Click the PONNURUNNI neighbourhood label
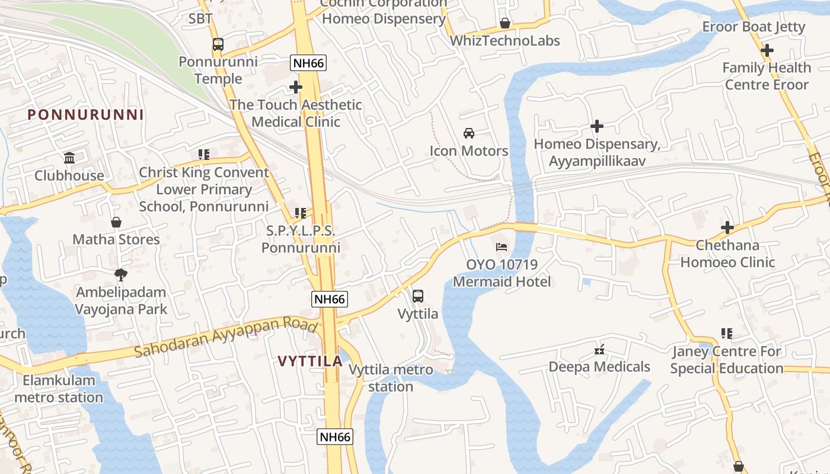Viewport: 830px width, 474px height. [x=86, y=115]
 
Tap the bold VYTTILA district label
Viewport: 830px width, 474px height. [x=310, y=361]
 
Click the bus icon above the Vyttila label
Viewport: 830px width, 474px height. [x=418, y=296]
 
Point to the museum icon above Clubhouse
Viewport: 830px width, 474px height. [x=69, y=158]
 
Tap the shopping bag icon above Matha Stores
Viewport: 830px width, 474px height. [x=116, y=222]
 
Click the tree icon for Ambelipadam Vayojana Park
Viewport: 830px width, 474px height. [x=121, y=274]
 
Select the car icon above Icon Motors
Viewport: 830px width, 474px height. [x=469, y=133]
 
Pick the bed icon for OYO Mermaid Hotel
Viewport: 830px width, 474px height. [x=502, y=246]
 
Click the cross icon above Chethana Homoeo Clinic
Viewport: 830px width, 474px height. [x=727, y=228]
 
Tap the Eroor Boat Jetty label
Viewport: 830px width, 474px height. [x=754, y=27]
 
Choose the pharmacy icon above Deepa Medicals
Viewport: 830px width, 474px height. [x=599, y=350]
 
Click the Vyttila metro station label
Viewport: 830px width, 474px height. [x=391, y=378]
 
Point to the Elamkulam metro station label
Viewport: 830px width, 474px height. [x=59, y=389]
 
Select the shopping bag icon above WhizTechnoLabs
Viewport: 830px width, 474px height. [x=505, y=23]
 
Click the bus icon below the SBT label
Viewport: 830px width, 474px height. [x=218, y=44]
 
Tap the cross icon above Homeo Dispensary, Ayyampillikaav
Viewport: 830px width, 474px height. [x=597, y=126]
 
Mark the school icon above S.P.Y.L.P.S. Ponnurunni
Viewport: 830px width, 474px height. [x=301, y=213]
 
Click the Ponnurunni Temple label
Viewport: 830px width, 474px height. [x=218, y=70]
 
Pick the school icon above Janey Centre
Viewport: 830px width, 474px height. [x=727, y=334]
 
